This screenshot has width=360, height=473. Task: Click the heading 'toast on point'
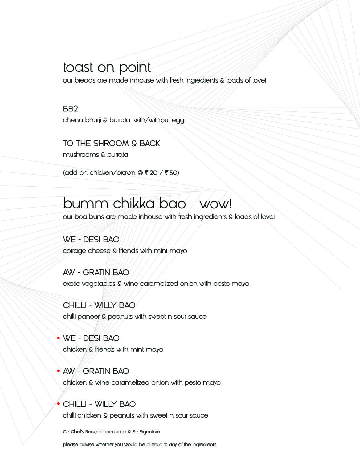[x=107, y=67]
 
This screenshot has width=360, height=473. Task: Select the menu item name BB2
[x=70, y=109]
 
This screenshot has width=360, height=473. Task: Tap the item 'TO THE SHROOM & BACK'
[x=111, y=144]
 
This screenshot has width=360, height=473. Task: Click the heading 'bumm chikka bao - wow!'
[x=147, y=204]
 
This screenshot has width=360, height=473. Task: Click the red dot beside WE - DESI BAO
[x=59, y=338]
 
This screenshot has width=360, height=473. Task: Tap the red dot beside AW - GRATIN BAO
[x=59, y=371]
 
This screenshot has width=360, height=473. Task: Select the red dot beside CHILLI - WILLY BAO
[x=59, y=404]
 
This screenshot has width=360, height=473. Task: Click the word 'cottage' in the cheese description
[x=74, y=251]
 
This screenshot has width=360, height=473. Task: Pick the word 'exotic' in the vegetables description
[x=71, y=284]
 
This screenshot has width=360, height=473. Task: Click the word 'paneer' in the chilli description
[x=88, y=317]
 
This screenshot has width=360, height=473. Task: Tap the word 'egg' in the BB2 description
[x=178, y=120]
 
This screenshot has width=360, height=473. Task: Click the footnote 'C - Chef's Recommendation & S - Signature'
[x=111, y=432]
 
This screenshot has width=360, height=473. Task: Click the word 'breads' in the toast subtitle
[x=85, y=80]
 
